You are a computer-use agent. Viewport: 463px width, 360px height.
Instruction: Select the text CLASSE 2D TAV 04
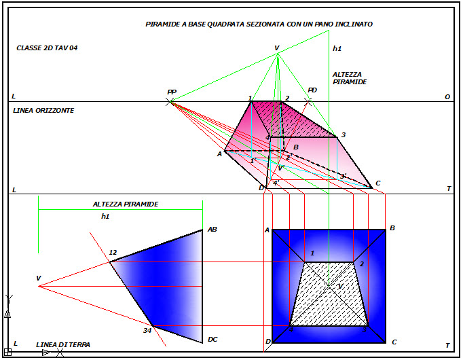pos(47,48)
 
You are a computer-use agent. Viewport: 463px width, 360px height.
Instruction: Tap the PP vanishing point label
pos(171,92)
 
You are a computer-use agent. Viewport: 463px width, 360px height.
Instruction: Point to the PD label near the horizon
pos(312,90)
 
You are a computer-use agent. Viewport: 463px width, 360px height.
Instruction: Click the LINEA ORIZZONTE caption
pos(43,110)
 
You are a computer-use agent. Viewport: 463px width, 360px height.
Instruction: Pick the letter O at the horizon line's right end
pos(447,97)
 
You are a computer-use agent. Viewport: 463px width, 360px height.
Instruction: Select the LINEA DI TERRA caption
pos(63,345)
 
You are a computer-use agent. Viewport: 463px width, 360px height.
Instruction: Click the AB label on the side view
pos(212,230)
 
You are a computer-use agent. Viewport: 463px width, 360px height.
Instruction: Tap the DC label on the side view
pos(212,340)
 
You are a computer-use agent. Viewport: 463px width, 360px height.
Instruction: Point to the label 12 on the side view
pos(113,253)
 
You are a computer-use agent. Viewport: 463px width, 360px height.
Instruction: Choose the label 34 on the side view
pos(147,331)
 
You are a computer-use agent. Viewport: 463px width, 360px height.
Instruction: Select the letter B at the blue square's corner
pos(392,228)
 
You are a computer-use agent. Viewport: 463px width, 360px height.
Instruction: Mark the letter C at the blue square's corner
pos(394,342)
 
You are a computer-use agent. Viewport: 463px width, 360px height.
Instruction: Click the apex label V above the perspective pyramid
pos(276,48)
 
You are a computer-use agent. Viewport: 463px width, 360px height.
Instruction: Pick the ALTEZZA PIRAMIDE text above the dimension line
pos(126,204)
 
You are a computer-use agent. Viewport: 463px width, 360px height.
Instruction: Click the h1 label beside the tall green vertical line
pos(337,49)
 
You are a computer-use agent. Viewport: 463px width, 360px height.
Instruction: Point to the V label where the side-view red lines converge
pos(39,278)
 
